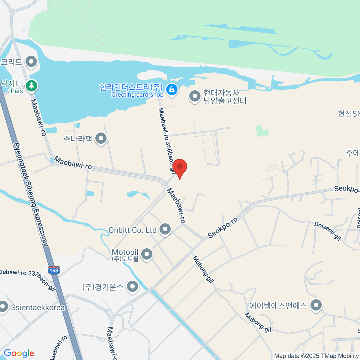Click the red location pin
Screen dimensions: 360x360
[180, 167]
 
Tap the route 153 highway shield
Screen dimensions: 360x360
[54, 270]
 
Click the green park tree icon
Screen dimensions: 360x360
[31, 86]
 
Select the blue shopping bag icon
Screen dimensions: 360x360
[172, 89]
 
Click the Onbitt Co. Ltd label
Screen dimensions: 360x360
[132, 230]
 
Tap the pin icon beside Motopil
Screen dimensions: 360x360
[147, 254]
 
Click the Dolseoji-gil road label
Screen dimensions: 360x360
[328, 231]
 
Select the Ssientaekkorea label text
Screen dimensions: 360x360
[38, 307]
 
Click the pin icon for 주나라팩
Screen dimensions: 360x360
[101, 139]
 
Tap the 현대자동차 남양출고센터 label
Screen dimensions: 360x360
[225, 97]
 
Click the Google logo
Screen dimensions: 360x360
[19, 353]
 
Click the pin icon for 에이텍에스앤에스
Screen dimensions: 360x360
[316, 305]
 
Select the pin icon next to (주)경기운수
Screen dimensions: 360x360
[132, 287]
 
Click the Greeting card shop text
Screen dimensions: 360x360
[137, 95]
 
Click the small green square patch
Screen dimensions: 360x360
[262, 131]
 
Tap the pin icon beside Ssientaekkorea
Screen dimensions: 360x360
[3, 307]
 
